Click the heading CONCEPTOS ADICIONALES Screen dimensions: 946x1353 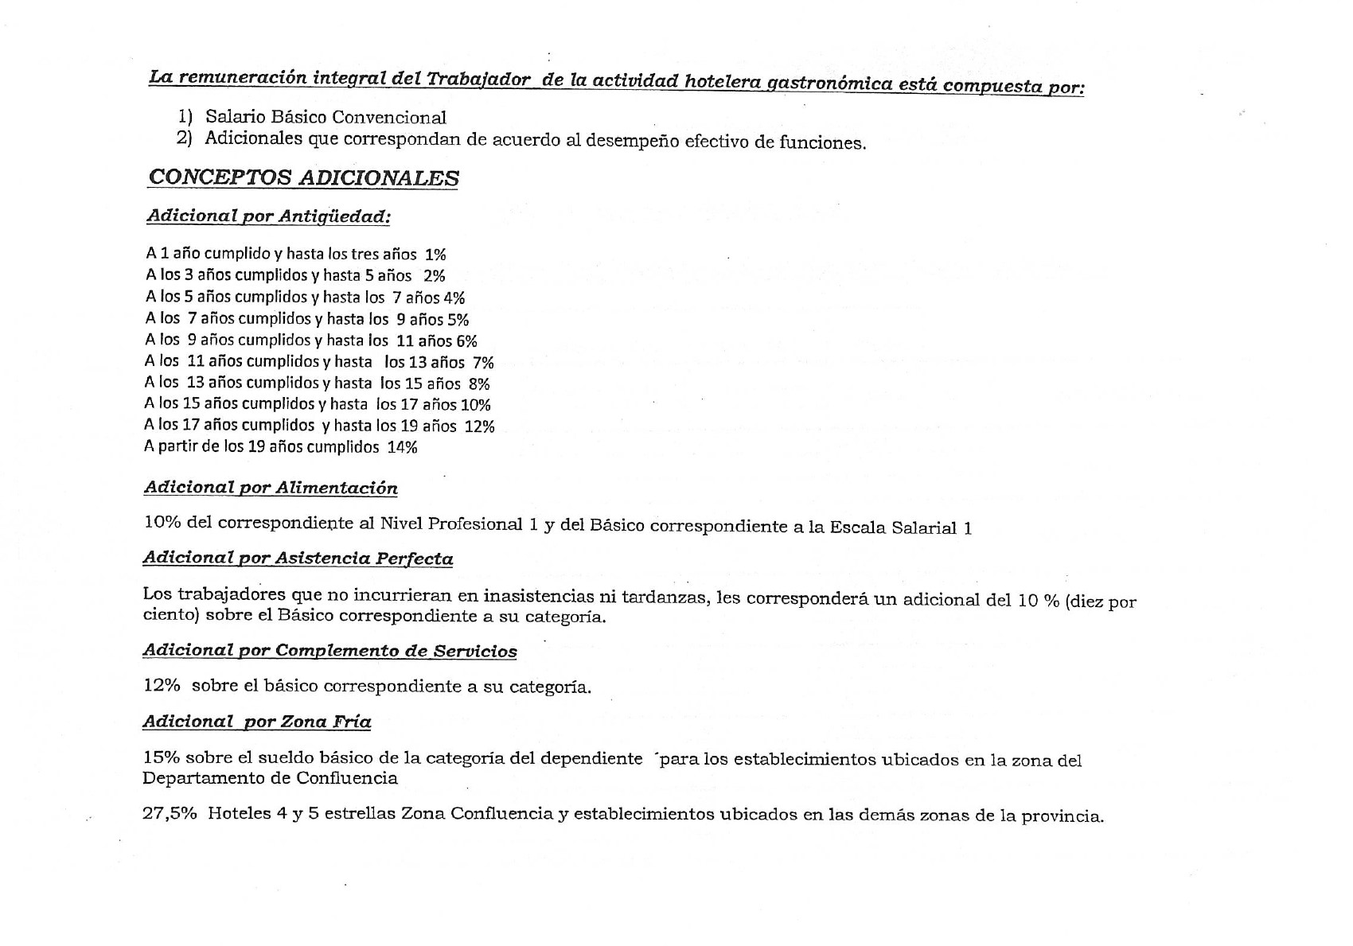(303, 177)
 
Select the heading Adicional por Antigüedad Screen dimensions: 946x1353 (268, 216)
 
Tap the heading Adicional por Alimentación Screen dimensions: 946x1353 (271, 488)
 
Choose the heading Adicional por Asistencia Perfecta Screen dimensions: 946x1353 (298, 558)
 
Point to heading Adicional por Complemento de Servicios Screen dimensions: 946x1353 (329, 651)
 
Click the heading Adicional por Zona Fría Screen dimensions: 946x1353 (256, 722)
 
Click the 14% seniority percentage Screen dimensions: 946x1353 (402, 447)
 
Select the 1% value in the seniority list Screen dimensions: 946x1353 (435, 255)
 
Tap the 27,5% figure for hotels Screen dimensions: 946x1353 (170, 814)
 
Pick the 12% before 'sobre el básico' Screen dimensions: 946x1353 (162, 685)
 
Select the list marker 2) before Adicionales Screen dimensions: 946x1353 (184, 138)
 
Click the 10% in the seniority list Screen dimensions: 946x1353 (476, 405)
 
